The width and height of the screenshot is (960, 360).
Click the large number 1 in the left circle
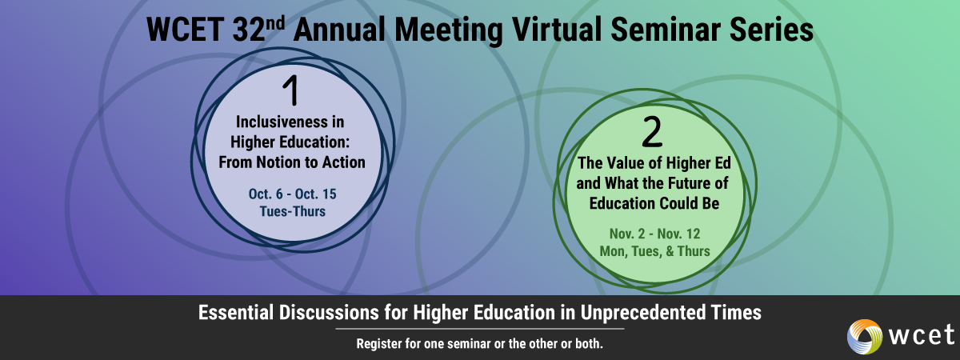click(291, 91)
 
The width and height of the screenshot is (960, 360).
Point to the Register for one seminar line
click(480, 344)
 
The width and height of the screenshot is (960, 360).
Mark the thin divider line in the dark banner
click(480, 329)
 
